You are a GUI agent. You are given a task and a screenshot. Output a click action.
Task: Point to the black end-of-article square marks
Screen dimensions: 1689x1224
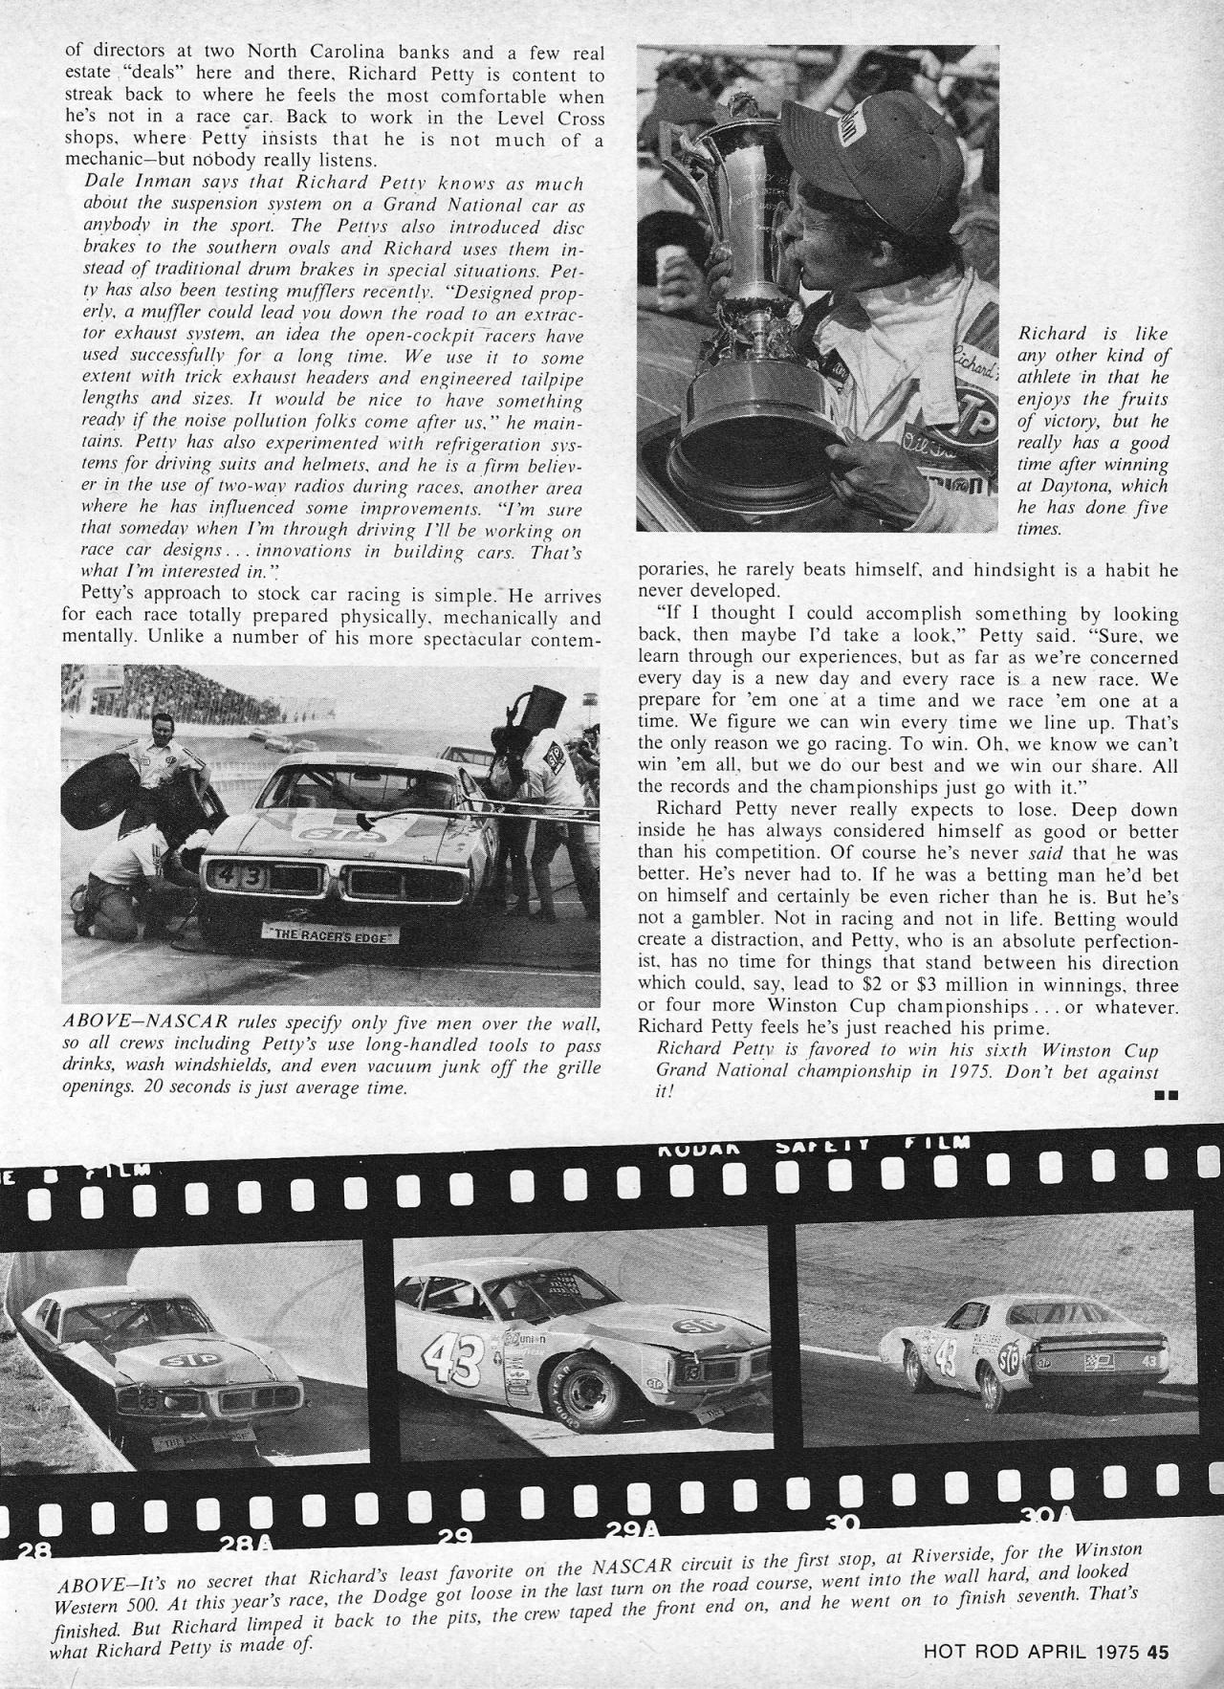(x=1165, y=1093)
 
